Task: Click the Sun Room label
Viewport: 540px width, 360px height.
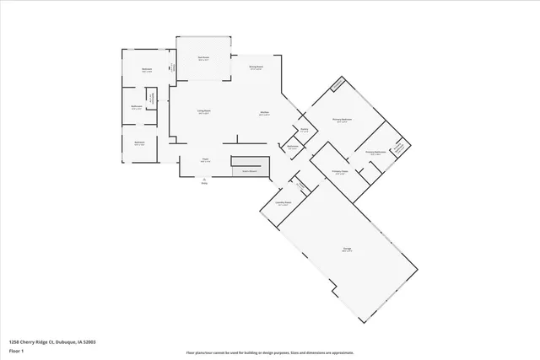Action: (x=203, y=58)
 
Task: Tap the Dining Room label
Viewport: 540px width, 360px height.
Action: (x=256, y=67)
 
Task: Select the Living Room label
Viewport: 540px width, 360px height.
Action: (x=204, y=112)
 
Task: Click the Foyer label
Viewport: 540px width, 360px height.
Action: (x=205, y=159)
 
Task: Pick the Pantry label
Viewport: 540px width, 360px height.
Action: (x=304, y=129)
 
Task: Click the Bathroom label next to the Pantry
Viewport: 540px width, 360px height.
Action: (x=293, y=147)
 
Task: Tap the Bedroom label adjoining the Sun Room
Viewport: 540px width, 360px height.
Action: (x=147, y=69)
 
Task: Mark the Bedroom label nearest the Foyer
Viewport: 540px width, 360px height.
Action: (x=140, y=142)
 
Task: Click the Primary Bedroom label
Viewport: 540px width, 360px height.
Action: (x=342, y=121)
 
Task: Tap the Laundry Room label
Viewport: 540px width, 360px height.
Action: (x=284, y=203)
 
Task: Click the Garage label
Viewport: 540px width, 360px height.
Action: (x=347, y=250)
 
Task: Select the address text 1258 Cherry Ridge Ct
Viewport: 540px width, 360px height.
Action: (x=51, y=341)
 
